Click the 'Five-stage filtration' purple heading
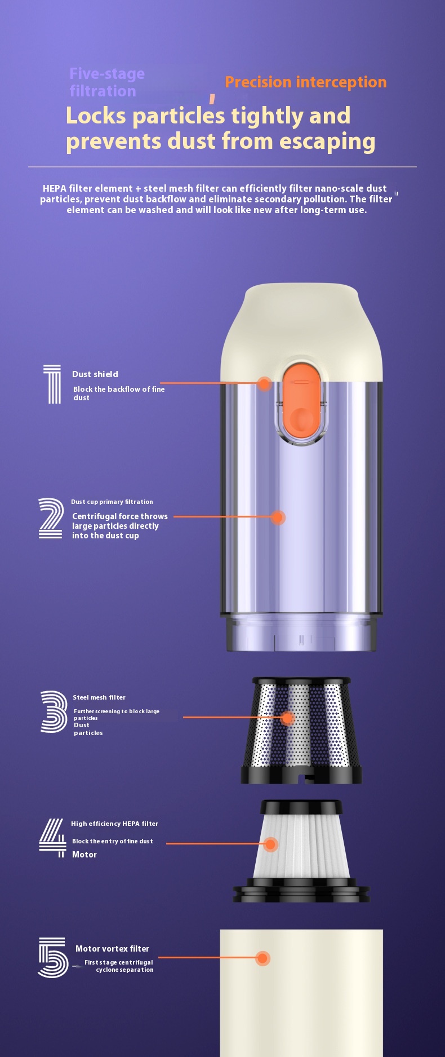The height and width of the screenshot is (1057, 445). point(107,82)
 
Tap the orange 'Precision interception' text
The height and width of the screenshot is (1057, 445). point(306,82)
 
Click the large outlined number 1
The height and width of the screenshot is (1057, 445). point(52,384)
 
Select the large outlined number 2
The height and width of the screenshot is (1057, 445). point(51,518)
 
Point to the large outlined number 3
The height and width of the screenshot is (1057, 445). point(54,711)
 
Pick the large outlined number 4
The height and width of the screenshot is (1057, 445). point(52,838)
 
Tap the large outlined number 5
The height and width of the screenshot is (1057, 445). point(53,957)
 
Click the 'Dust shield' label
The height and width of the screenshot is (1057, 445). point(95,374)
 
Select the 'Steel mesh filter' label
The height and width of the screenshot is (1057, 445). point(99,697)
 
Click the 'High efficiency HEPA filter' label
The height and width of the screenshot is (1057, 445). point(114,824)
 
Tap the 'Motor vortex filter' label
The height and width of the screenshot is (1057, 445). point(112,949)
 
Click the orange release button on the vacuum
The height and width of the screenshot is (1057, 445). point(301,401)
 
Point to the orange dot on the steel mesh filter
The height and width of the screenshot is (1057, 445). point(287,718)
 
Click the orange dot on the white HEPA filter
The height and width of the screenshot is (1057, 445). point(271,844)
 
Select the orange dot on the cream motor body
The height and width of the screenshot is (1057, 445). point(263,958)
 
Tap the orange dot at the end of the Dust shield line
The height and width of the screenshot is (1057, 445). point(264,384)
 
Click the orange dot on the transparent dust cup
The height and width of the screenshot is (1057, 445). point(278,517)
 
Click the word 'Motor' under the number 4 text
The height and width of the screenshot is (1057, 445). point(84,855)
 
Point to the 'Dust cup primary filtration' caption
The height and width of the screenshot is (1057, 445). point(112,502)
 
